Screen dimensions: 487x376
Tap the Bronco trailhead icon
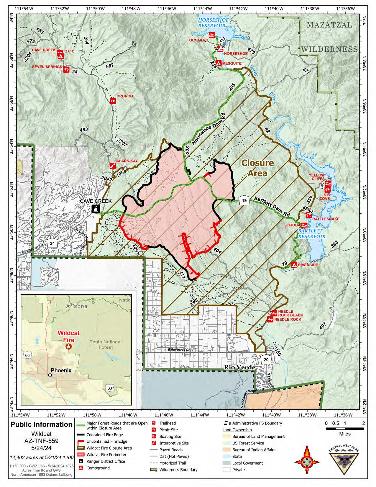(x=113, y=101)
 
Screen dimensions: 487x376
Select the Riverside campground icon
(x=294, y=265)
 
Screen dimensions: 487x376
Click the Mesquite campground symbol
(x=218, y=63)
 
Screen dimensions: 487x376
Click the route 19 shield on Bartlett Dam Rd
(x=244, y=201)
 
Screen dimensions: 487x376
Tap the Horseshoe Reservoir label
(x=212, y=23)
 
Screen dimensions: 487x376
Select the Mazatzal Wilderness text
(x=329, y=37)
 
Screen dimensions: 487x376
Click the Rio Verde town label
(x=239, y=367)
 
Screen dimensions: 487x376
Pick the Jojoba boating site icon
(x=304, y=225)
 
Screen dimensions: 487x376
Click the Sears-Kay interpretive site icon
(x=112, y=166)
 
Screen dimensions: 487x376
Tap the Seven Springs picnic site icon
(x=66, y=70)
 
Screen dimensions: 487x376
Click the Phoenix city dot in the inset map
(x=50, y=375)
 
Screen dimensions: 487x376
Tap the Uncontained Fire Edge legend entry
(x=107, y=441)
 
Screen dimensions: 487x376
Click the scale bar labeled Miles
(x=344, y=428)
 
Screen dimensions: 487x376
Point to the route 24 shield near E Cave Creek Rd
(x=52, y=243)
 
